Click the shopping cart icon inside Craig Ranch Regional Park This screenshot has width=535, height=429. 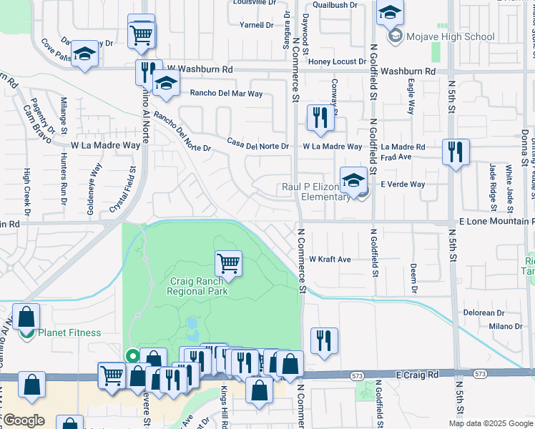[228, 263]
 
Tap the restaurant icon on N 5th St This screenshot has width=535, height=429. [455, 152]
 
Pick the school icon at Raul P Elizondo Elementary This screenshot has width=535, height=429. [353, 181]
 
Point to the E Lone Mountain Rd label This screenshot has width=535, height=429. [492, 222]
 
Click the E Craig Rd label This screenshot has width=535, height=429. [416, 375]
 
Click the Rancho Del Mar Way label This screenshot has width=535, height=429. [226, 94]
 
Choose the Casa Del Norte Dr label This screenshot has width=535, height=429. [257, 146]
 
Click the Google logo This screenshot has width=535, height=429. [24, 420]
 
